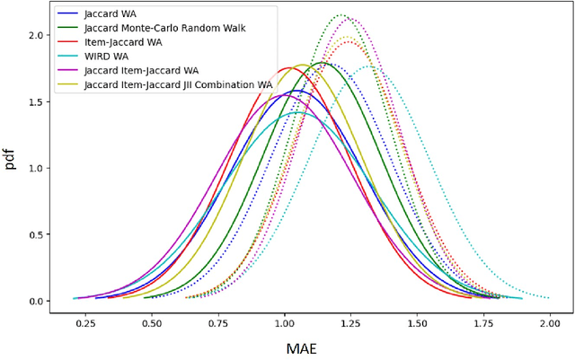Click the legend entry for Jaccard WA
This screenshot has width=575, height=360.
point(110,14)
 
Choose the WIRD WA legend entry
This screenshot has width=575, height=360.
point(105,57)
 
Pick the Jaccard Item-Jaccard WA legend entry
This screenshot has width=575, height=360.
point(140,71)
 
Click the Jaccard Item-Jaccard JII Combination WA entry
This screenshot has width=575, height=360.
point(177,85)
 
